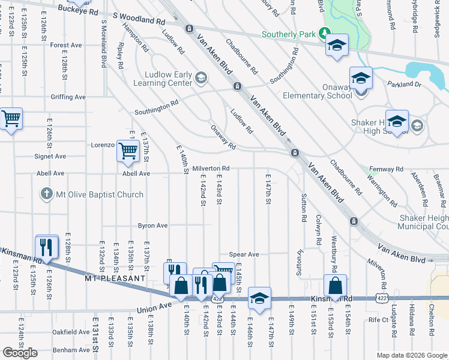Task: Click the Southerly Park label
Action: click(x=289, y=34)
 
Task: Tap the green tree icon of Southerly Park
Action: click(x=325, y=33)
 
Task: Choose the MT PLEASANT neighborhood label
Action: click(x=115, y=279)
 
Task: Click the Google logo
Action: click(x=20, y=352)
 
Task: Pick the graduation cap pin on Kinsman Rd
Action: click(x=259, y=299)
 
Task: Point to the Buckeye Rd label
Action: click(x=79, y=11)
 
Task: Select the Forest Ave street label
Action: click(x=66, y=45)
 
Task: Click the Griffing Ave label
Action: click(x=68, y=97)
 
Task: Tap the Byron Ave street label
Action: click(x=152, y=226)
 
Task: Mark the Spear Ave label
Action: click(x=244, y=254)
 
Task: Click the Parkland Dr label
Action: click(x=405, y=85)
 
